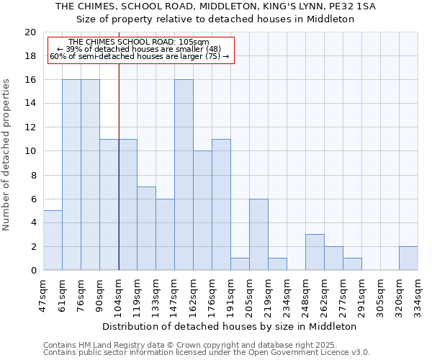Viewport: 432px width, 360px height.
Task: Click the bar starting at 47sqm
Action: (53, 240)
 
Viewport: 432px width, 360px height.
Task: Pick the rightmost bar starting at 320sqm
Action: (408, 258)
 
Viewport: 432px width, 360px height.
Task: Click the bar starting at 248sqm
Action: (315, 252)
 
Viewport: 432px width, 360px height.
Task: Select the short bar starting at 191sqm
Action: (240, 264)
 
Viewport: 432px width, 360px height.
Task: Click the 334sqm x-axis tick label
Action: (418, 295)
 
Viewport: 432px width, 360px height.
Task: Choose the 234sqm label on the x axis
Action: (287, 295)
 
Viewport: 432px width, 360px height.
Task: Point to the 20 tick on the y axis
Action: (30, 32)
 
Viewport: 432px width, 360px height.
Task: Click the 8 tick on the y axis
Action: (32, 175)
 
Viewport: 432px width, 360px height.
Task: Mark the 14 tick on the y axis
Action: (30, 104)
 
